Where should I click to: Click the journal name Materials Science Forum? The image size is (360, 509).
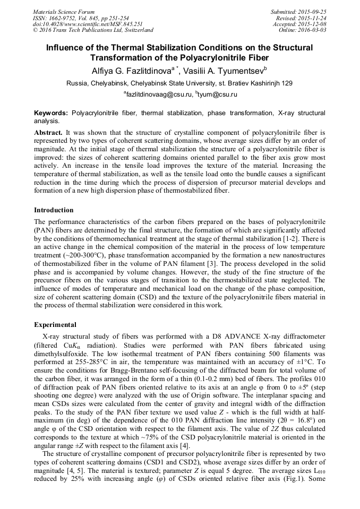(64, 12)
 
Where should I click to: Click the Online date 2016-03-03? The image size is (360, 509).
(313, 30)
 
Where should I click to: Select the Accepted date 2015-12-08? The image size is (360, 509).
(313, 24)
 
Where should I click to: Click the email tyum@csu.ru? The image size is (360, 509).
(217, 94)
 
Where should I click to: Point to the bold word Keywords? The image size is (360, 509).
(51, 114)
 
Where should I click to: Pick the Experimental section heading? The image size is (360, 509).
(55, 325)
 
